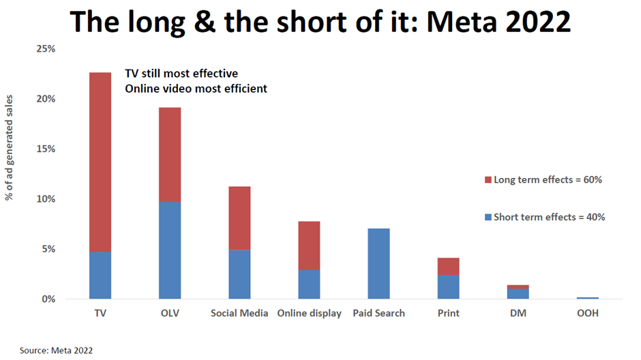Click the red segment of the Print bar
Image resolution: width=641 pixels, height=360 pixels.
click(x=448, y=267)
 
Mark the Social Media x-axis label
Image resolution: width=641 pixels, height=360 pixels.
click(x=239, y=314)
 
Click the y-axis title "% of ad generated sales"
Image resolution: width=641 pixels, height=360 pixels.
click(x=11, y=174)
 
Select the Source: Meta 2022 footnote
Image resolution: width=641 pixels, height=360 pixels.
click(x=56, y=350)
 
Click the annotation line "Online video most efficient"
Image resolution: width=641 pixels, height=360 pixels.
click(x=195, y=88)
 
